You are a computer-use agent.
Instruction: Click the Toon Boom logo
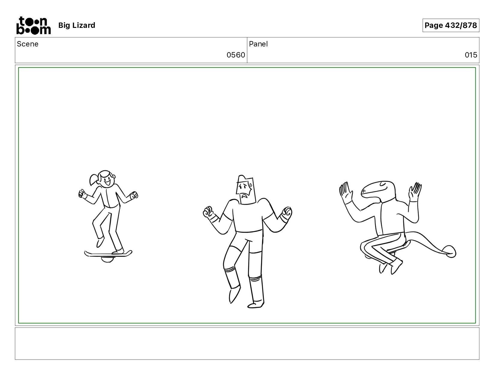(x=34, y=25)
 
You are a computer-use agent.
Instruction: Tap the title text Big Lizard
(x=76, y=25)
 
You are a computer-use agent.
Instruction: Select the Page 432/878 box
(x=451, y=25)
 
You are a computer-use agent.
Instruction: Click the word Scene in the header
(x=28, y=44)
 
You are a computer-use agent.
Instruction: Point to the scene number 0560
(x=236, y=55)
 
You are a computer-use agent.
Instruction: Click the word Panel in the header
(x=258, y=44)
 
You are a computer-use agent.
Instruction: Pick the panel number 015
(x=471, y=55)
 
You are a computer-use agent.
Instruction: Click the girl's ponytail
(x=94, y=179)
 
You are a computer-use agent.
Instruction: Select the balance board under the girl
(x=108, y=254)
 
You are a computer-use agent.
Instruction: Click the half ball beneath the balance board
(x=107, y=259)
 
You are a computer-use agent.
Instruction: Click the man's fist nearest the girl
(x=208, y=212)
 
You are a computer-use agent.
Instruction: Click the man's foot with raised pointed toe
(x=234, y=295)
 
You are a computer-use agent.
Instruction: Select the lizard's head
(x=378, y=191)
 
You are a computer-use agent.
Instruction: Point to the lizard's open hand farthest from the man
(x=415, y=192)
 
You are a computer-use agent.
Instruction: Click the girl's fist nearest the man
(x=134, y=195)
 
